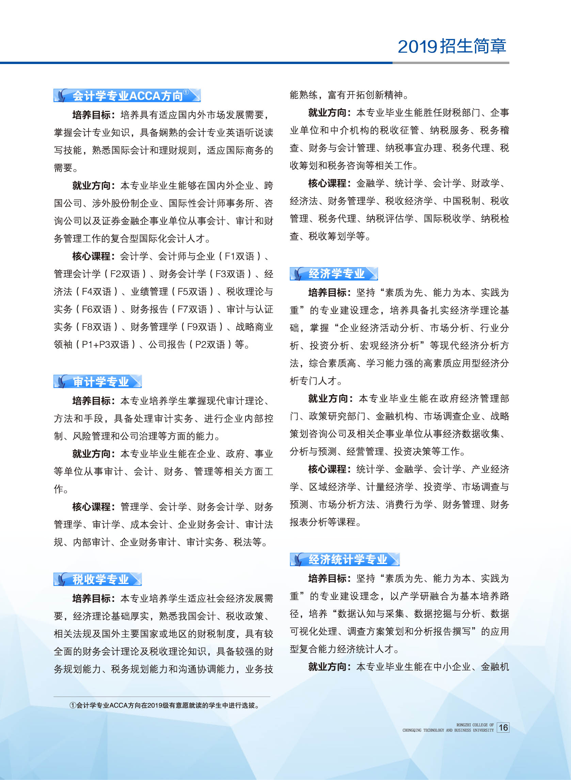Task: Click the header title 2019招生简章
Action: coord(452,46)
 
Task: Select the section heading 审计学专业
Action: coord(100,382)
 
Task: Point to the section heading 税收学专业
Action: coord(100,579)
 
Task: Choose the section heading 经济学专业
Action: coord(336,274)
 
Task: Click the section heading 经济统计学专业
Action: coord(347,559)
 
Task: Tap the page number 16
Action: coord(503,728)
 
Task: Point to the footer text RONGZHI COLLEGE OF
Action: coord(475,725)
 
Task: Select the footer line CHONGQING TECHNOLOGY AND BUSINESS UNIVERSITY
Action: coord(448,730)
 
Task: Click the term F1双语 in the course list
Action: coord(239,256)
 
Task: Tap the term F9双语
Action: coord(202,327)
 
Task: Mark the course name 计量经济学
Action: coord(390,487)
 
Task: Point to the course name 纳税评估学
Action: coord(390,219)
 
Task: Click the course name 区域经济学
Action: coord(333,487)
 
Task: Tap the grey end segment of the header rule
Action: coord(451,63)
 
